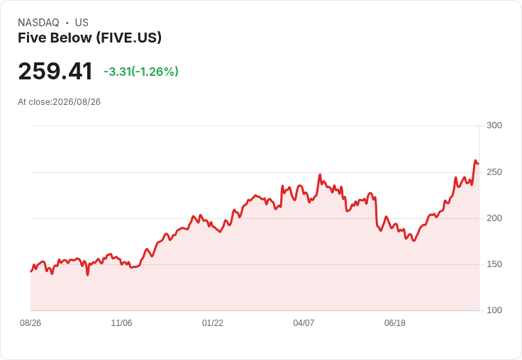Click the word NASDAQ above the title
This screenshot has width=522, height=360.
tap(38, 23)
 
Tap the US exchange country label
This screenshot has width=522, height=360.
tap(82, 23)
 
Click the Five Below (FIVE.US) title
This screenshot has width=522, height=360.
tap(89, 38)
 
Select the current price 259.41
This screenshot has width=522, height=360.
tap(55, 71)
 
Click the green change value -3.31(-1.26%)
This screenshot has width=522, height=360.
tap(141, 72)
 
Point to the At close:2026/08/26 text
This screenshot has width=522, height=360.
tap(60, 102)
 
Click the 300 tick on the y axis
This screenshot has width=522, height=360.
tap(494, 125)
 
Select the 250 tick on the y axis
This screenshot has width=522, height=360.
tap(494, 172)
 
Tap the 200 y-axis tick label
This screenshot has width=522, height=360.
tap(494, 218)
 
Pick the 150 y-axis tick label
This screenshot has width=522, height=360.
tap(494, 264)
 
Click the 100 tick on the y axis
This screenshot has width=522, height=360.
tap(494, 310)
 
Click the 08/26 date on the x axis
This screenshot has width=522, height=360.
tap(30, 322)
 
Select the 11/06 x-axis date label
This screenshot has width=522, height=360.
tap(121, 322)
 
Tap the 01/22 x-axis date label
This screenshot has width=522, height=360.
tap(212, 322)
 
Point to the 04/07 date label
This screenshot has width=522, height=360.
tap(304, 322)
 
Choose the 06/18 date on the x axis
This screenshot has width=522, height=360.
tap(395, 322)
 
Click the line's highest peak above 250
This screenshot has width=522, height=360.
tap(476, 160)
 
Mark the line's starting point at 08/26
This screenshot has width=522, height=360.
tap(31, 271)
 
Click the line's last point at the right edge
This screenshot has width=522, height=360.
tap(479, 164)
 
